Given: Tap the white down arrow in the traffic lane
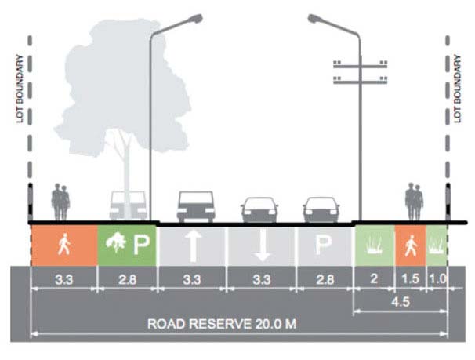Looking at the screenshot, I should [x=262, y=245].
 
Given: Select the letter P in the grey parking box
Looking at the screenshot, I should [x=323, y=245].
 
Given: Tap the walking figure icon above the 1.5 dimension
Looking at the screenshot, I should [x=408, y=245].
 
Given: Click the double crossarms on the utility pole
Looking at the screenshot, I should [x=360, y=71].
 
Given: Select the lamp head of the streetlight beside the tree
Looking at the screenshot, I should [x=192, y=16].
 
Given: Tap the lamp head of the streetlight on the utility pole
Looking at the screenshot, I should [x=317, y=17].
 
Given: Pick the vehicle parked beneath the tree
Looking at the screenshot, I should [x=128, y=205].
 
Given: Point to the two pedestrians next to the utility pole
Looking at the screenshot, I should [x=414, y=202].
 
